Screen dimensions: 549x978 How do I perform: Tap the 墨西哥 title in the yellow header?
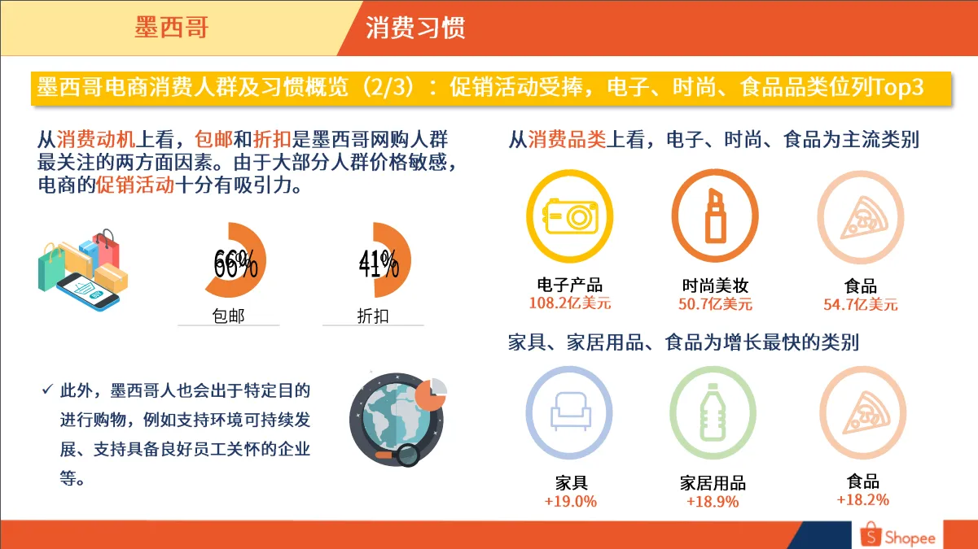pyautogui.click(x=172, y=27)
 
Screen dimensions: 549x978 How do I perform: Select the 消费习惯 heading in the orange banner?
pyautogui.click(x=415, y=28)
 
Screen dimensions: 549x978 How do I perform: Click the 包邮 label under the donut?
pyautogui.click(x=228, y=316)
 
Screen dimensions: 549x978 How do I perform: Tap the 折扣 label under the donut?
pyautogui.click(x=373, y=316)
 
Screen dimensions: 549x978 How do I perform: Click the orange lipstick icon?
pyautogui.click(x=715, y=216)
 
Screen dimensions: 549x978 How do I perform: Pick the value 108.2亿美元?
pyautogui.click(x=570, y=305)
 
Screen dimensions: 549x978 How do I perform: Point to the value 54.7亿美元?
pyautogui.click(x=861, y=305)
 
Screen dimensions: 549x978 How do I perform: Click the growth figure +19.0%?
pyautogui.click(x=570, y=501)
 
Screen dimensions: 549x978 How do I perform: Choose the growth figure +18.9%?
pyautogui.click(x=713, y=502)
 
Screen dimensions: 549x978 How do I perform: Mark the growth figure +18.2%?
pyautogui.click(x=862, y=499)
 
